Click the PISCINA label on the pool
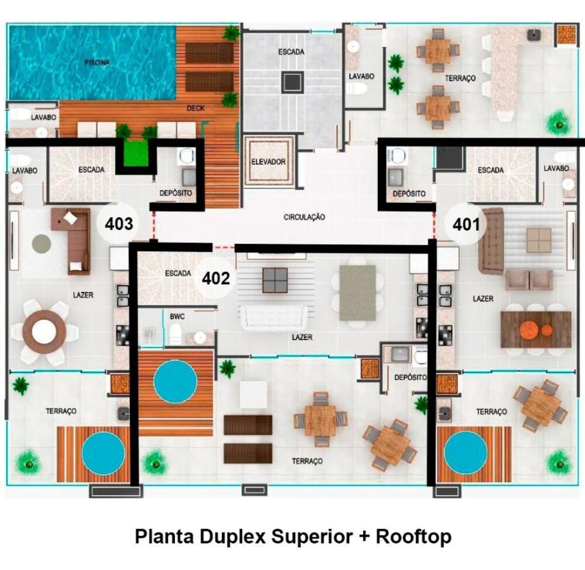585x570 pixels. (97, 63)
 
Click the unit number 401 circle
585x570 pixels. (466, 224)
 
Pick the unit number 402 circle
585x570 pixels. (216, 278)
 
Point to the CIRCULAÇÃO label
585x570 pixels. (304, 217)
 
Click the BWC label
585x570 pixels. (177, 316)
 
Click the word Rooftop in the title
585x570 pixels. (414, 536)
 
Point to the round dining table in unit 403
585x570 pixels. (44, 332)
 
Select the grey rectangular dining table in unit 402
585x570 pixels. (357, 292)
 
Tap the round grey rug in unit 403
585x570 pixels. (41, 243)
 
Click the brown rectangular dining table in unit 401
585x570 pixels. (535, 329)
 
